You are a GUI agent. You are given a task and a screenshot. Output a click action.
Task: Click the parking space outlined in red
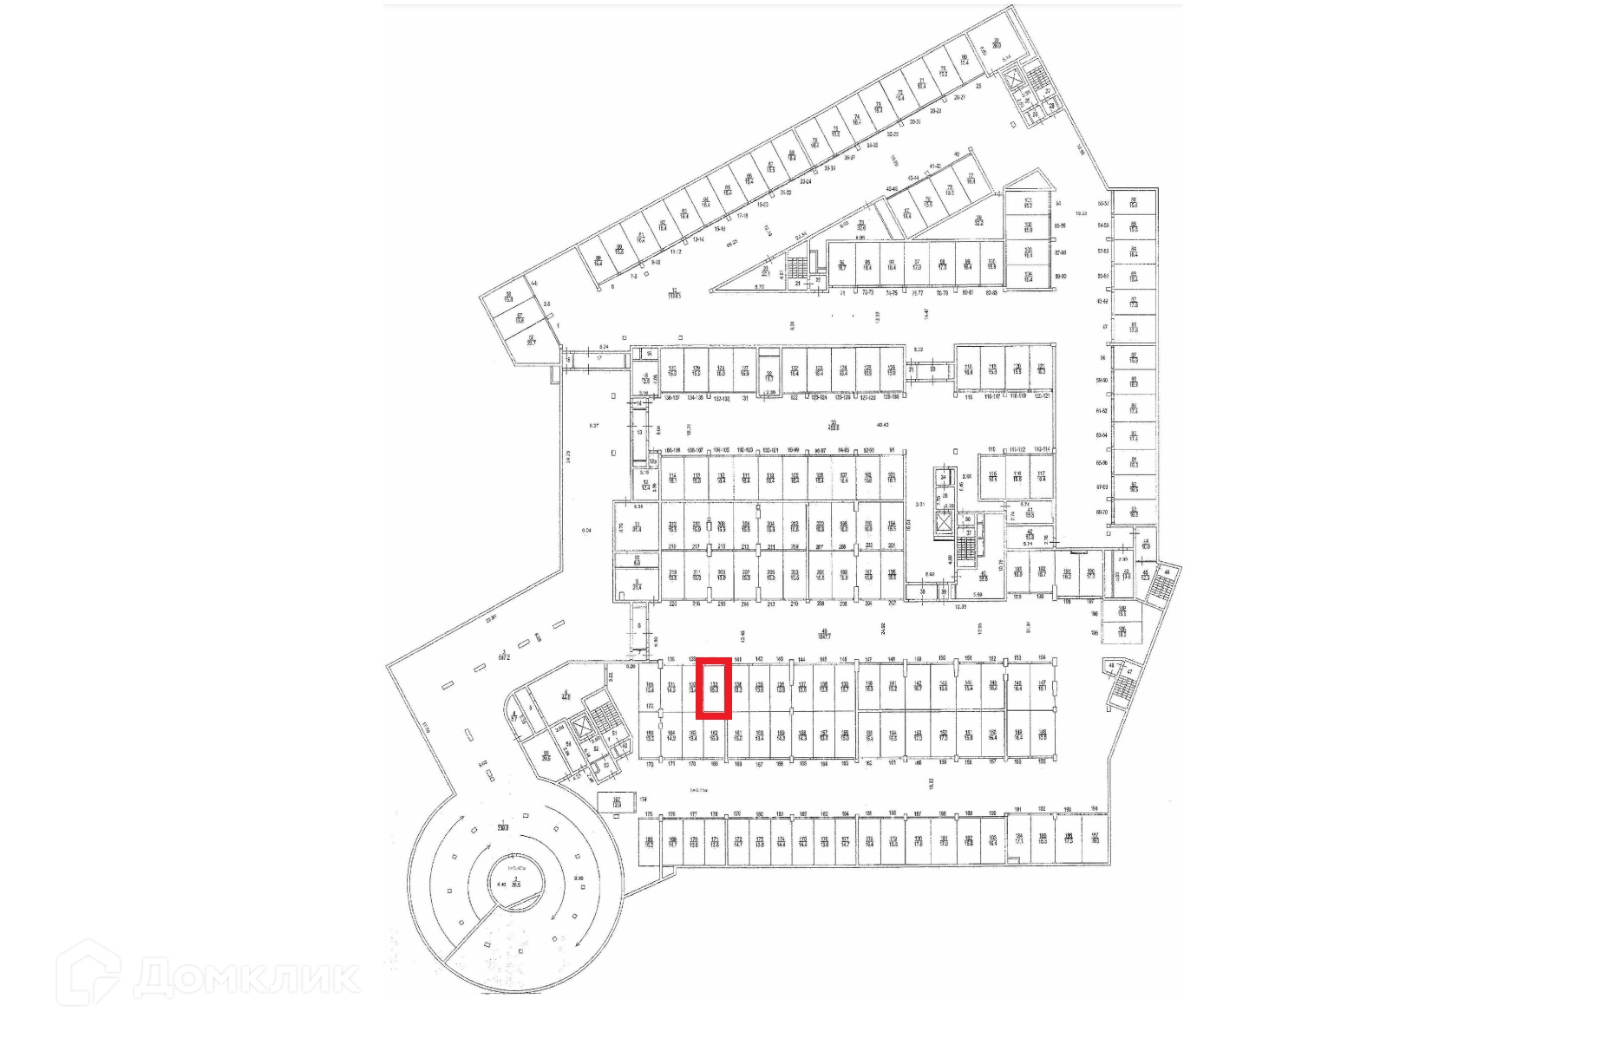714,689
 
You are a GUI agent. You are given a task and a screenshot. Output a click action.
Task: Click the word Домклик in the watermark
247,977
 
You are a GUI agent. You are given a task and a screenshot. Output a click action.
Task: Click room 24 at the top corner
997,43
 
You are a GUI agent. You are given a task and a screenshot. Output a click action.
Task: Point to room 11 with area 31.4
637,526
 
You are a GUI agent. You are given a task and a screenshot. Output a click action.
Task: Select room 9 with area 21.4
637,584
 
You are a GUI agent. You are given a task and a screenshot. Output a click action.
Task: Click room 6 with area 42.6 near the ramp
566,693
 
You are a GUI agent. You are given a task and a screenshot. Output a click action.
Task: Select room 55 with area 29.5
546,756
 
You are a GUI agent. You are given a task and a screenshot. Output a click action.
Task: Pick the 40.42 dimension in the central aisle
883,425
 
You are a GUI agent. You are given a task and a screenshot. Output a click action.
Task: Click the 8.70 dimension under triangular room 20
760,286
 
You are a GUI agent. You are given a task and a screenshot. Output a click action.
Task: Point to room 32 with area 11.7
769,376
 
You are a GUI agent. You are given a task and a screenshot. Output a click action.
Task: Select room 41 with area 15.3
1030,512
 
